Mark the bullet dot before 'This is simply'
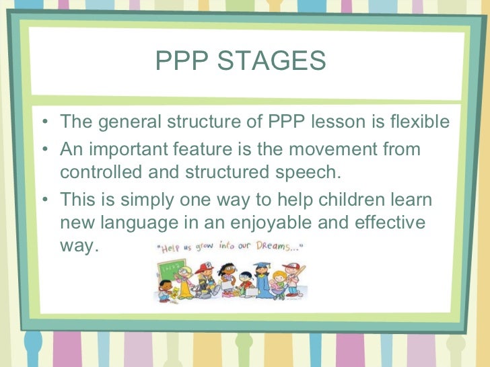click(x=44, y=200)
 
